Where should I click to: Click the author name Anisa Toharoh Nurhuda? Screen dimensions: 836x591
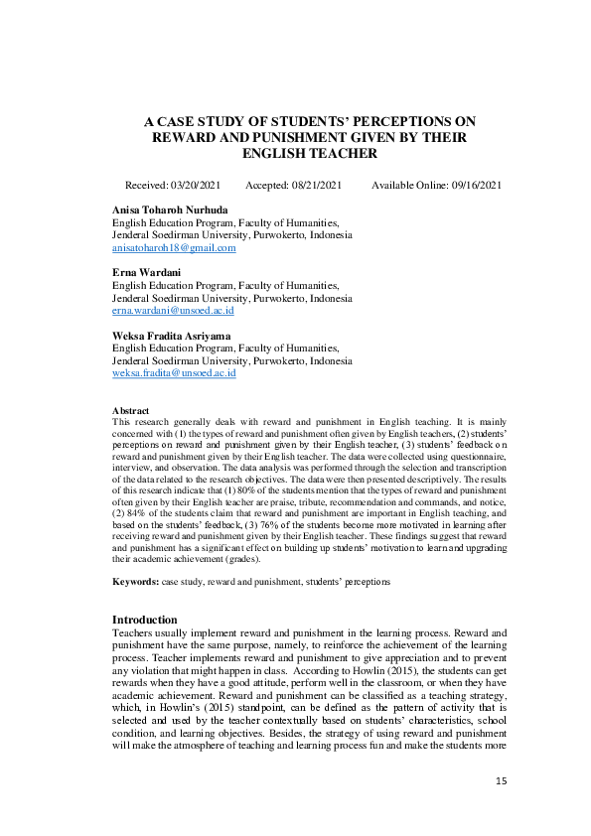[169, 210]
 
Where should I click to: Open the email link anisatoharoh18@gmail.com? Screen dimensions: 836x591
[174, 248]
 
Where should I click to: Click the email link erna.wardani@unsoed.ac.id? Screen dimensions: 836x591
[173, 311]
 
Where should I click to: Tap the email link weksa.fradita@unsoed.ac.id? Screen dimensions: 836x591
[174, 373]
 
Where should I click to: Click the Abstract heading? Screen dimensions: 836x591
[130, 410]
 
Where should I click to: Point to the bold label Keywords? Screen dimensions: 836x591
[134, 579]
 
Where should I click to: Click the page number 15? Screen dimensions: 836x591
[501, 782]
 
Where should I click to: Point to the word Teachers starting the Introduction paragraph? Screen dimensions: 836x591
[132, 631]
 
